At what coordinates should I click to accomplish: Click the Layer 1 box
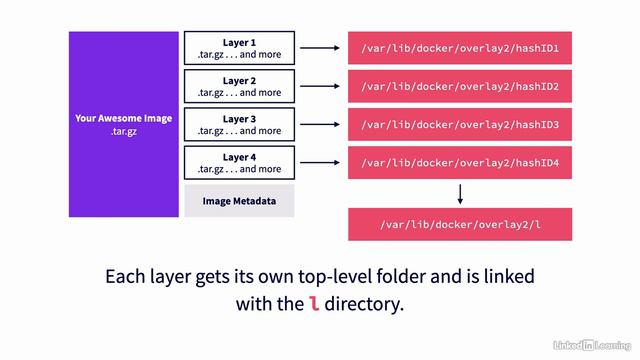239,48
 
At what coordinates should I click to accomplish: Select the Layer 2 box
239,86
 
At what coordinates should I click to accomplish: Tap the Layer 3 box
239,124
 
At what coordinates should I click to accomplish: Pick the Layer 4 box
239,163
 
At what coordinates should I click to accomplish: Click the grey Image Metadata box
239,201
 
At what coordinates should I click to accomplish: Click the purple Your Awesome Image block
123,124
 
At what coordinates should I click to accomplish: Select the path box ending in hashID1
459,48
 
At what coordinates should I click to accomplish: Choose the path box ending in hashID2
459,86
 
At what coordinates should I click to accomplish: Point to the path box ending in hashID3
459,125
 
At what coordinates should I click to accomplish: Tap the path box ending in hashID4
459,163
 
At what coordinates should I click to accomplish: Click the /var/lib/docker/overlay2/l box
459,224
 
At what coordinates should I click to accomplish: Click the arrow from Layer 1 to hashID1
320,48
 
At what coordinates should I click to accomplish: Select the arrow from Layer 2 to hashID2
320,86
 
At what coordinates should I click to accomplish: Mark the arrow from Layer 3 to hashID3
320,124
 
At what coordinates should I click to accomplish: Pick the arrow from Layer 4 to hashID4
320,163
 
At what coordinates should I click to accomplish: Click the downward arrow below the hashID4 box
460,193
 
